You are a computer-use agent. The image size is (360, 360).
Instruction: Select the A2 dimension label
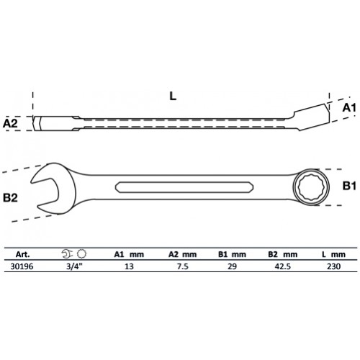pyautogui.click(x=11, y=124)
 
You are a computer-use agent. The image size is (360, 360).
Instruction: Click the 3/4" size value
pyautogui.click(x=73, y=265)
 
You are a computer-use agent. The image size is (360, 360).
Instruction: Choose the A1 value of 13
pyautogui.click(x=130, y=265)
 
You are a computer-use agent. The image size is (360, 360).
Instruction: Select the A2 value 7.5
pyautogui.click(x=182, y=265)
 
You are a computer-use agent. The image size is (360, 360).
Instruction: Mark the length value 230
pyautogui.click(x=331, y=265)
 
